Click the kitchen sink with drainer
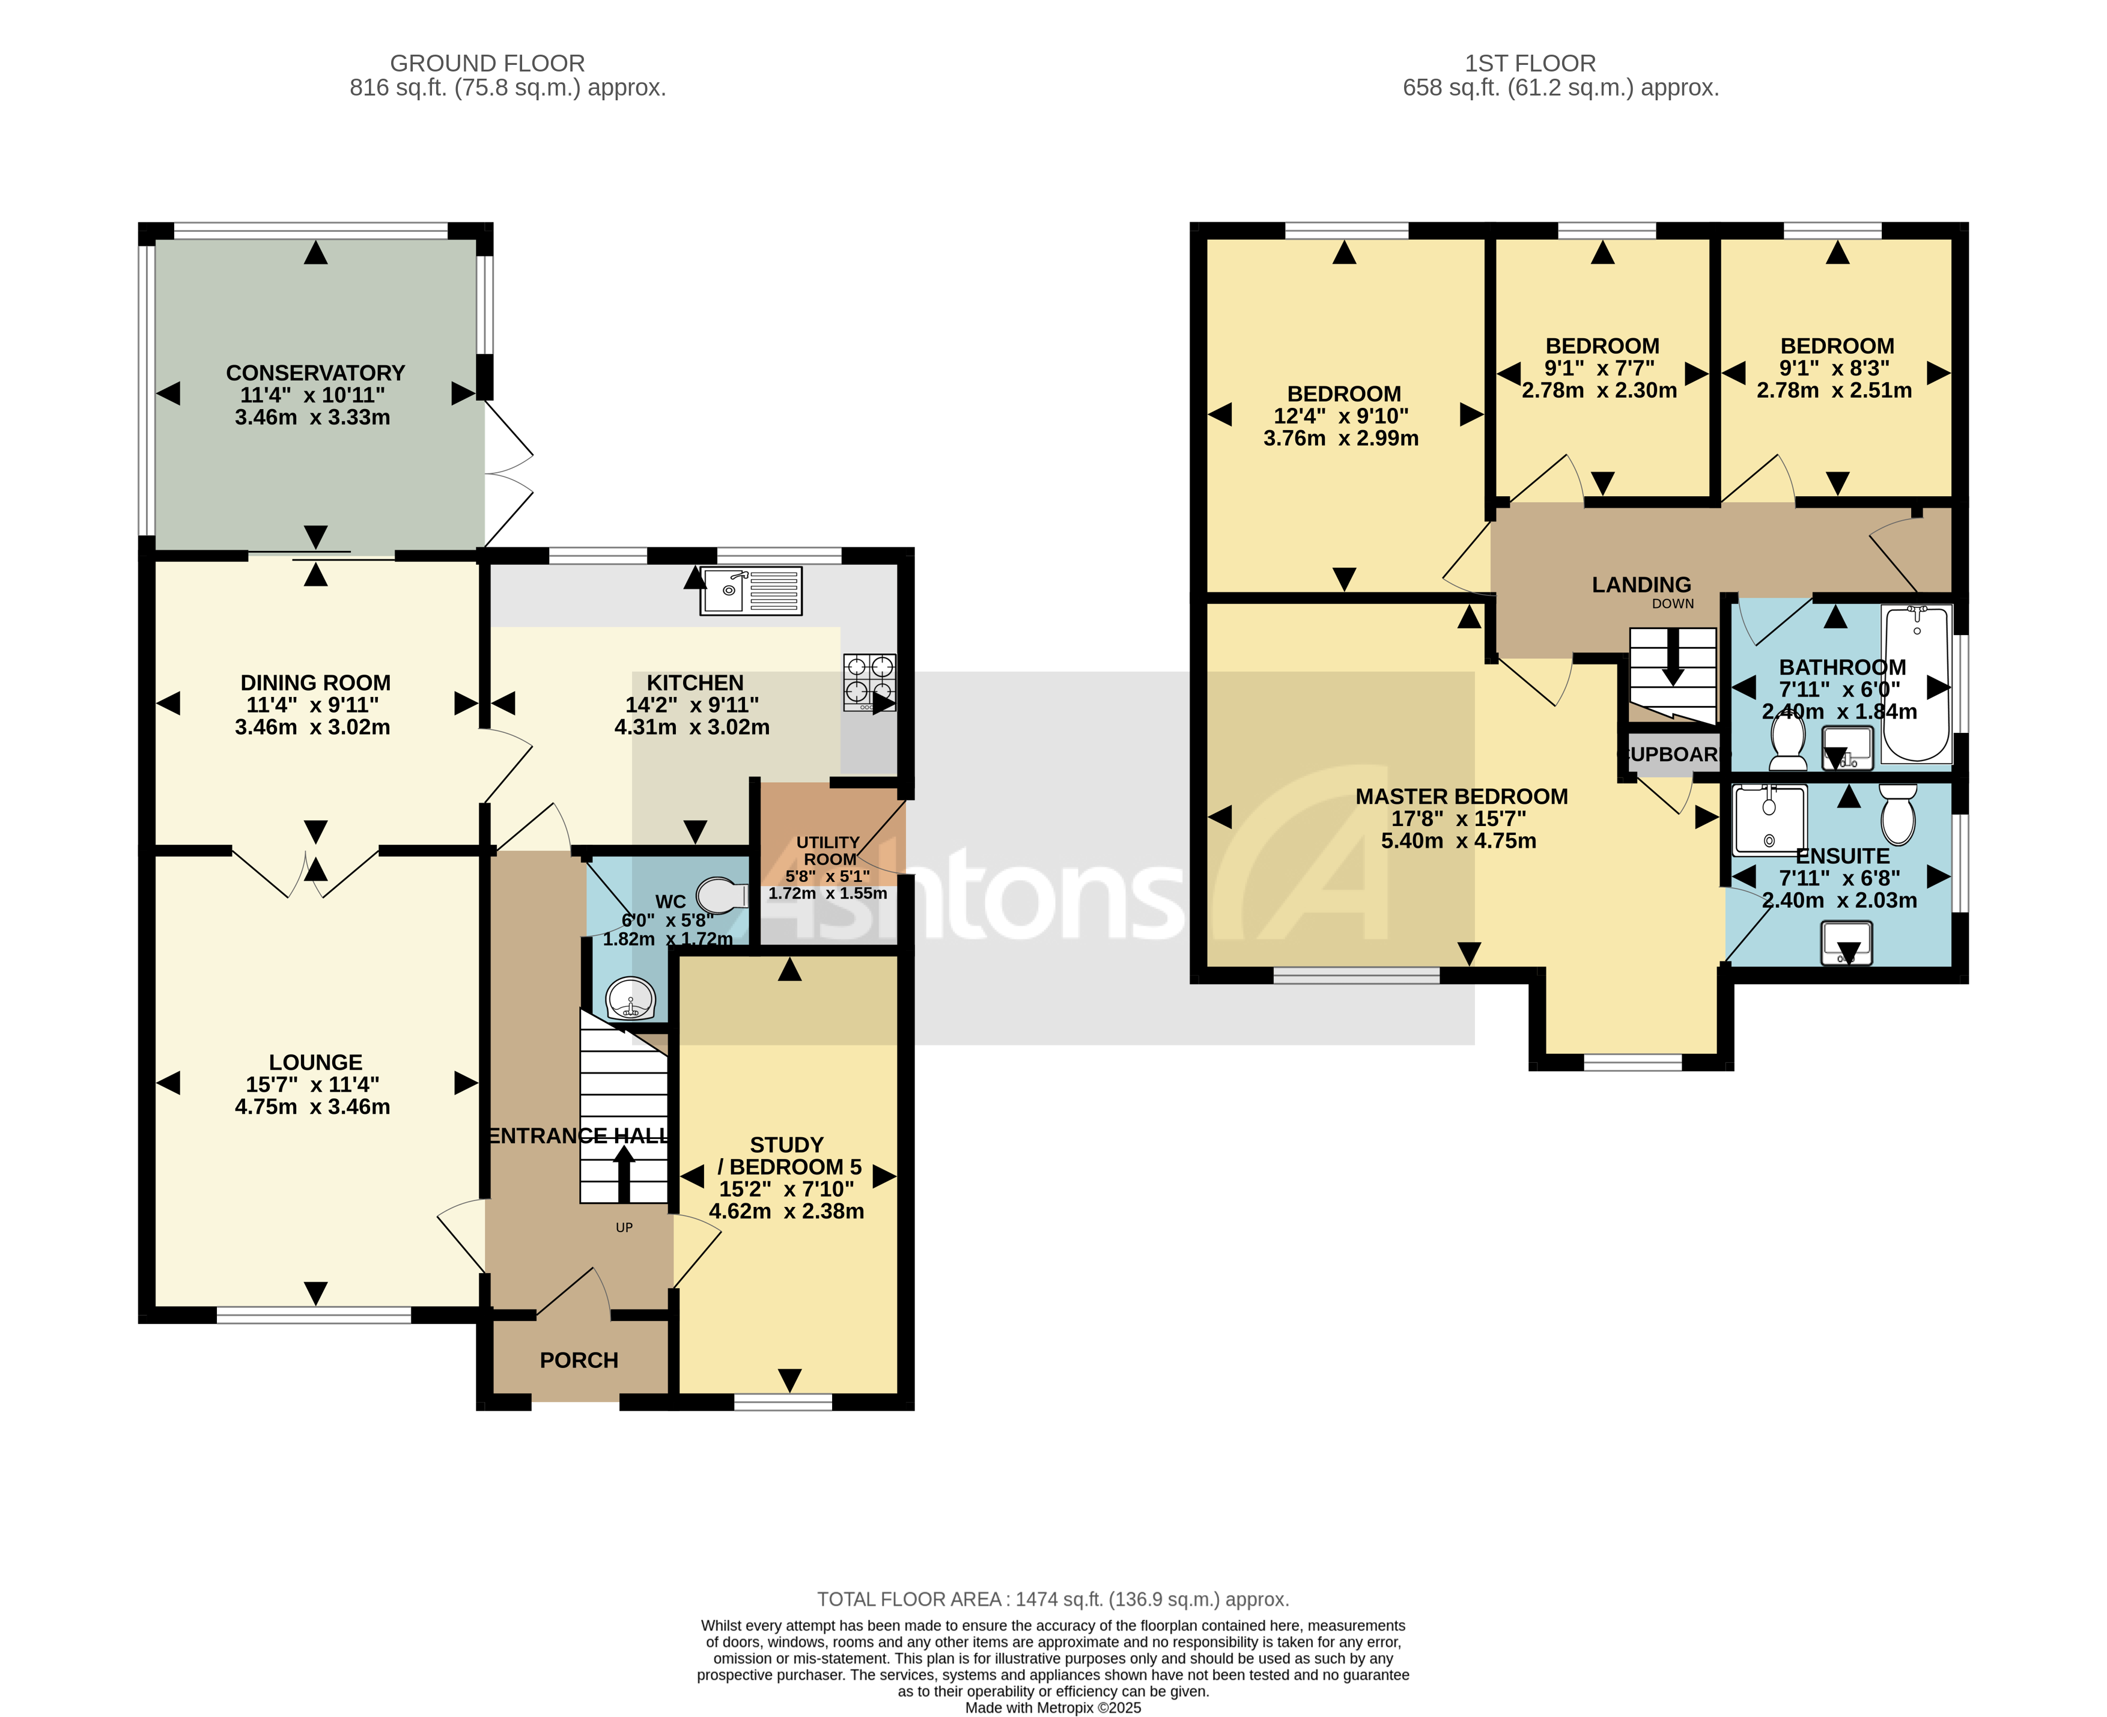(x=750, y=591)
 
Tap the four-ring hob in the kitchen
(x=869, y=681)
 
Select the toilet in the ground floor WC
(x=722, y=896)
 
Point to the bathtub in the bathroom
(x=1916, y=684)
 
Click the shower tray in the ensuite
(x=1769, y=819)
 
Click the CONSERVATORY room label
(x=315, y=373)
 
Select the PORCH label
(x=579, y=1360)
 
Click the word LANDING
(x=1641, y=585)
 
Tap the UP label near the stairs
(x=624, y=1227)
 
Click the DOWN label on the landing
(x=1673, y=603)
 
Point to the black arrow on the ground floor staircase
(x=624, y=1172)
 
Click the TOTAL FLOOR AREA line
(x=1053, y=1599)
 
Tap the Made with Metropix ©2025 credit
(x=1053, y=1707)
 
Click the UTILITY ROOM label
(x=829, y=851)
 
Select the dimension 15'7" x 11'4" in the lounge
(x=312, y=1084)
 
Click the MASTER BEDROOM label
(x=1461, y=796)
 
